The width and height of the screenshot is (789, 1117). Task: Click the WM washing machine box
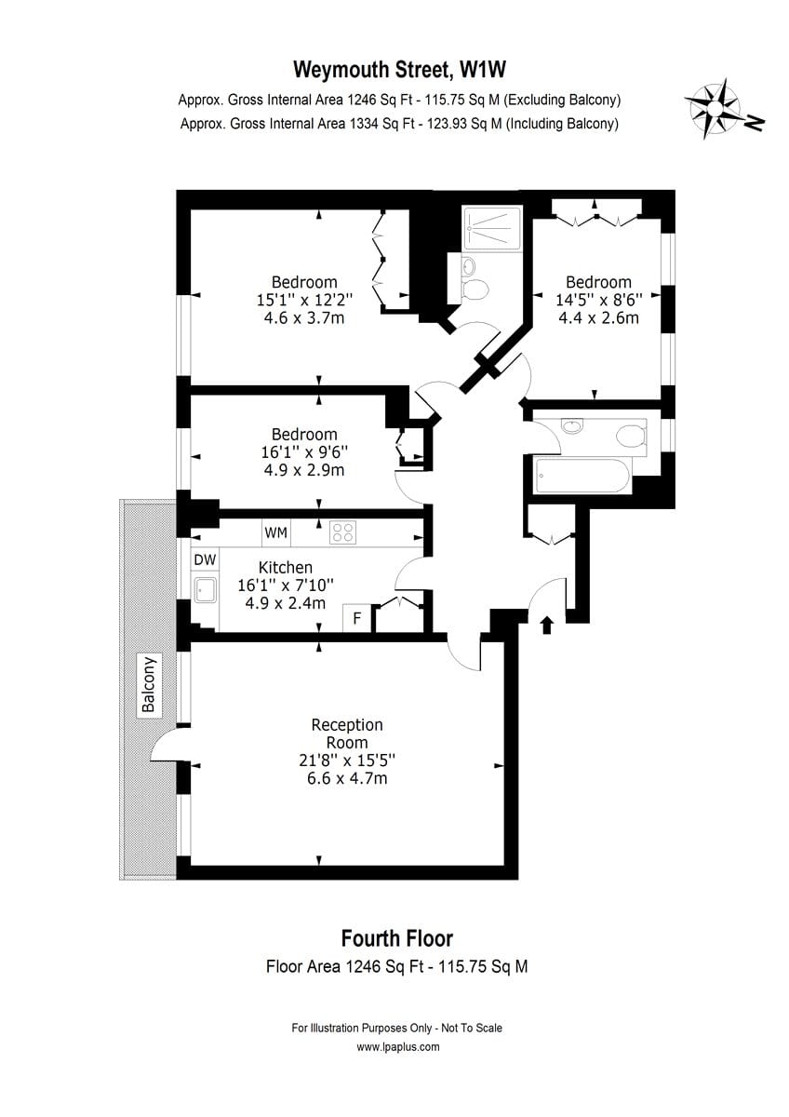click(276, 532)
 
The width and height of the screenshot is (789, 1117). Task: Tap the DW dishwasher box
click(205, 559)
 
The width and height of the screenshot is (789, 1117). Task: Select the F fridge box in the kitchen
click(357, 618)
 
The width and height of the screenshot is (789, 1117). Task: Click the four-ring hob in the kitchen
click(342, 532)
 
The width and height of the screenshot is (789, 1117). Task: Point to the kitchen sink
click(205, 590)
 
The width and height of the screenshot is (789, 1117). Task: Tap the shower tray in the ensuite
click(492, 228)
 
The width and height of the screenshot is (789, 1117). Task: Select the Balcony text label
click(149, 685)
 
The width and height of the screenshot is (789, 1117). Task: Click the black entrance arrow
click(547, 625)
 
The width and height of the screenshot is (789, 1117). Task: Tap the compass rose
click(714, 108)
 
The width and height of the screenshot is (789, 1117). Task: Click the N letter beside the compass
click(756, 123)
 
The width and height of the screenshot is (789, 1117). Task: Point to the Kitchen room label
click(286, 568)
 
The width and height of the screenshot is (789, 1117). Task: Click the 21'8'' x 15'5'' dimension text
click(347, 760)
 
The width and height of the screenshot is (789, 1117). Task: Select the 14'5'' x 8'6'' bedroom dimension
click(598, 300)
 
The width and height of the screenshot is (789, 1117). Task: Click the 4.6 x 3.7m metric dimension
click(304, 318)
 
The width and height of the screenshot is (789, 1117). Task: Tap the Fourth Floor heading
click(396, 938)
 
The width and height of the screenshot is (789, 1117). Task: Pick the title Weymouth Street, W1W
click(399, 69)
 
